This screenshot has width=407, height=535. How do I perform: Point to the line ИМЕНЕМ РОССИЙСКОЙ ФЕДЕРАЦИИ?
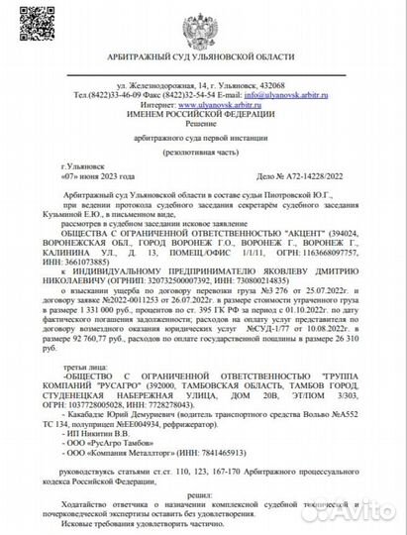[203, 112]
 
